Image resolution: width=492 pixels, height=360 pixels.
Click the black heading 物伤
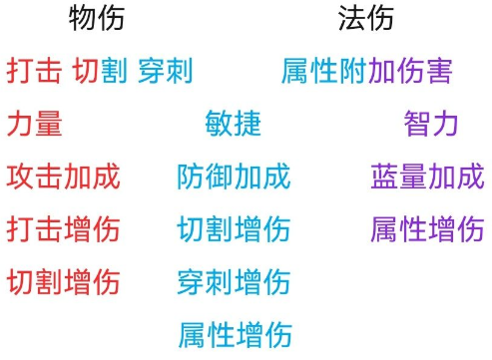pos(97,18)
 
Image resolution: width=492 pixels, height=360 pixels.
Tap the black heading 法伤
pos(365,18)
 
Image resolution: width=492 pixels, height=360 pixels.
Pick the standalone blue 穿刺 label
pos(165,72)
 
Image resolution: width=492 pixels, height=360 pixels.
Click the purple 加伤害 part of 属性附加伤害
pos(410,72)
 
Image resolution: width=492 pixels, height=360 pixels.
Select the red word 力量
pos(34,124)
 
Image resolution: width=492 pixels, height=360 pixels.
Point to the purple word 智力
pos(431,124)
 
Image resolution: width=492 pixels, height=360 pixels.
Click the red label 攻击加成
pos(63,177)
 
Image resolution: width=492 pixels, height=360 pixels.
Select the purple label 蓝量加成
pos(427,177)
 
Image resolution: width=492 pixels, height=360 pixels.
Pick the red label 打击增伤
pos(63,229)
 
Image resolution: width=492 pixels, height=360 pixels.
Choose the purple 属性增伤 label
pos(427,229)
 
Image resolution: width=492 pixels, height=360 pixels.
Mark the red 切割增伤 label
pos(63,281)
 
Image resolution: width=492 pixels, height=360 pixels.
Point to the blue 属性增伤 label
pos(235,333)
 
